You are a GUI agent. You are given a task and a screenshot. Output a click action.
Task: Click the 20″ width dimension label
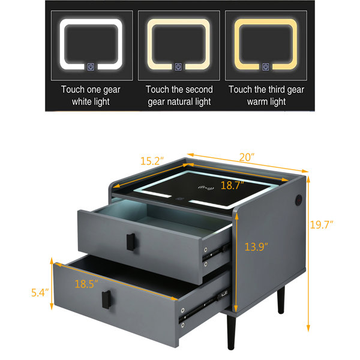tap(247, 157)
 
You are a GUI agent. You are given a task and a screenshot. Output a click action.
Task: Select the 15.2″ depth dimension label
tap(152, 161)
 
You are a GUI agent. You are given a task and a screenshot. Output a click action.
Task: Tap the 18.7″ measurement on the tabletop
tap(232, 185)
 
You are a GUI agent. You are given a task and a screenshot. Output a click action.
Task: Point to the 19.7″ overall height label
tap(322, 224)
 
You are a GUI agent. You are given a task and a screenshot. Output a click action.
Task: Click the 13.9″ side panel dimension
tap(256, 247)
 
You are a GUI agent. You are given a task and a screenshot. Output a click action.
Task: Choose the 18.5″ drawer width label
tap(86, 284)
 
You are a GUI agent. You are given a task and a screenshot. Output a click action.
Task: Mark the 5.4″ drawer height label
tap(40, 293)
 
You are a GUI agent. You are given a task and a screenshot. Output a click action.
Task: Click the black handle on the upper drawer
tap(131, 242)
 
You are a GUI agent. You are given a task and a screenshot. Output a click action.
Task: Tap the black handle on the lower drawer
tap(106, 299)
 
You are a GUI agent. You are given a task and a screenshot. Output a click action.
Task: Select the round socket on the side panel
tap(299, 199)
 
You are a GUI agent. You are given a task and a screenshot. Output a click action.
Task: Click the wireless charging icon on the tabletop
tap(206, 188)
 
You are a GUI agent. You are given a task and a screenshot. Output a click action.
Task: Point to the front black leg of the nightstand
tap(231, 332)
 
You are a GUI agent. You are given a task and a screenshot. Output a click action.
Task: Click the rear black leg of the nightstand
tap(281, 300)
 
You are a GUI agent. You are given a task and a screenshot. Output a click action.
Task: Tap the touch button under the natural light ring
tap(178, 67)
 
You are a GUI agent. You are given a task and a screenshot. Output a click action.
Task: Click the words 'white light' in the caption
tap(91, 102)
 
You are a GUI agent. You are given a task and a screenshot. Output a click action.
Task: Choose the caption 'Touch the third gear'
tap(266, 89)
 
